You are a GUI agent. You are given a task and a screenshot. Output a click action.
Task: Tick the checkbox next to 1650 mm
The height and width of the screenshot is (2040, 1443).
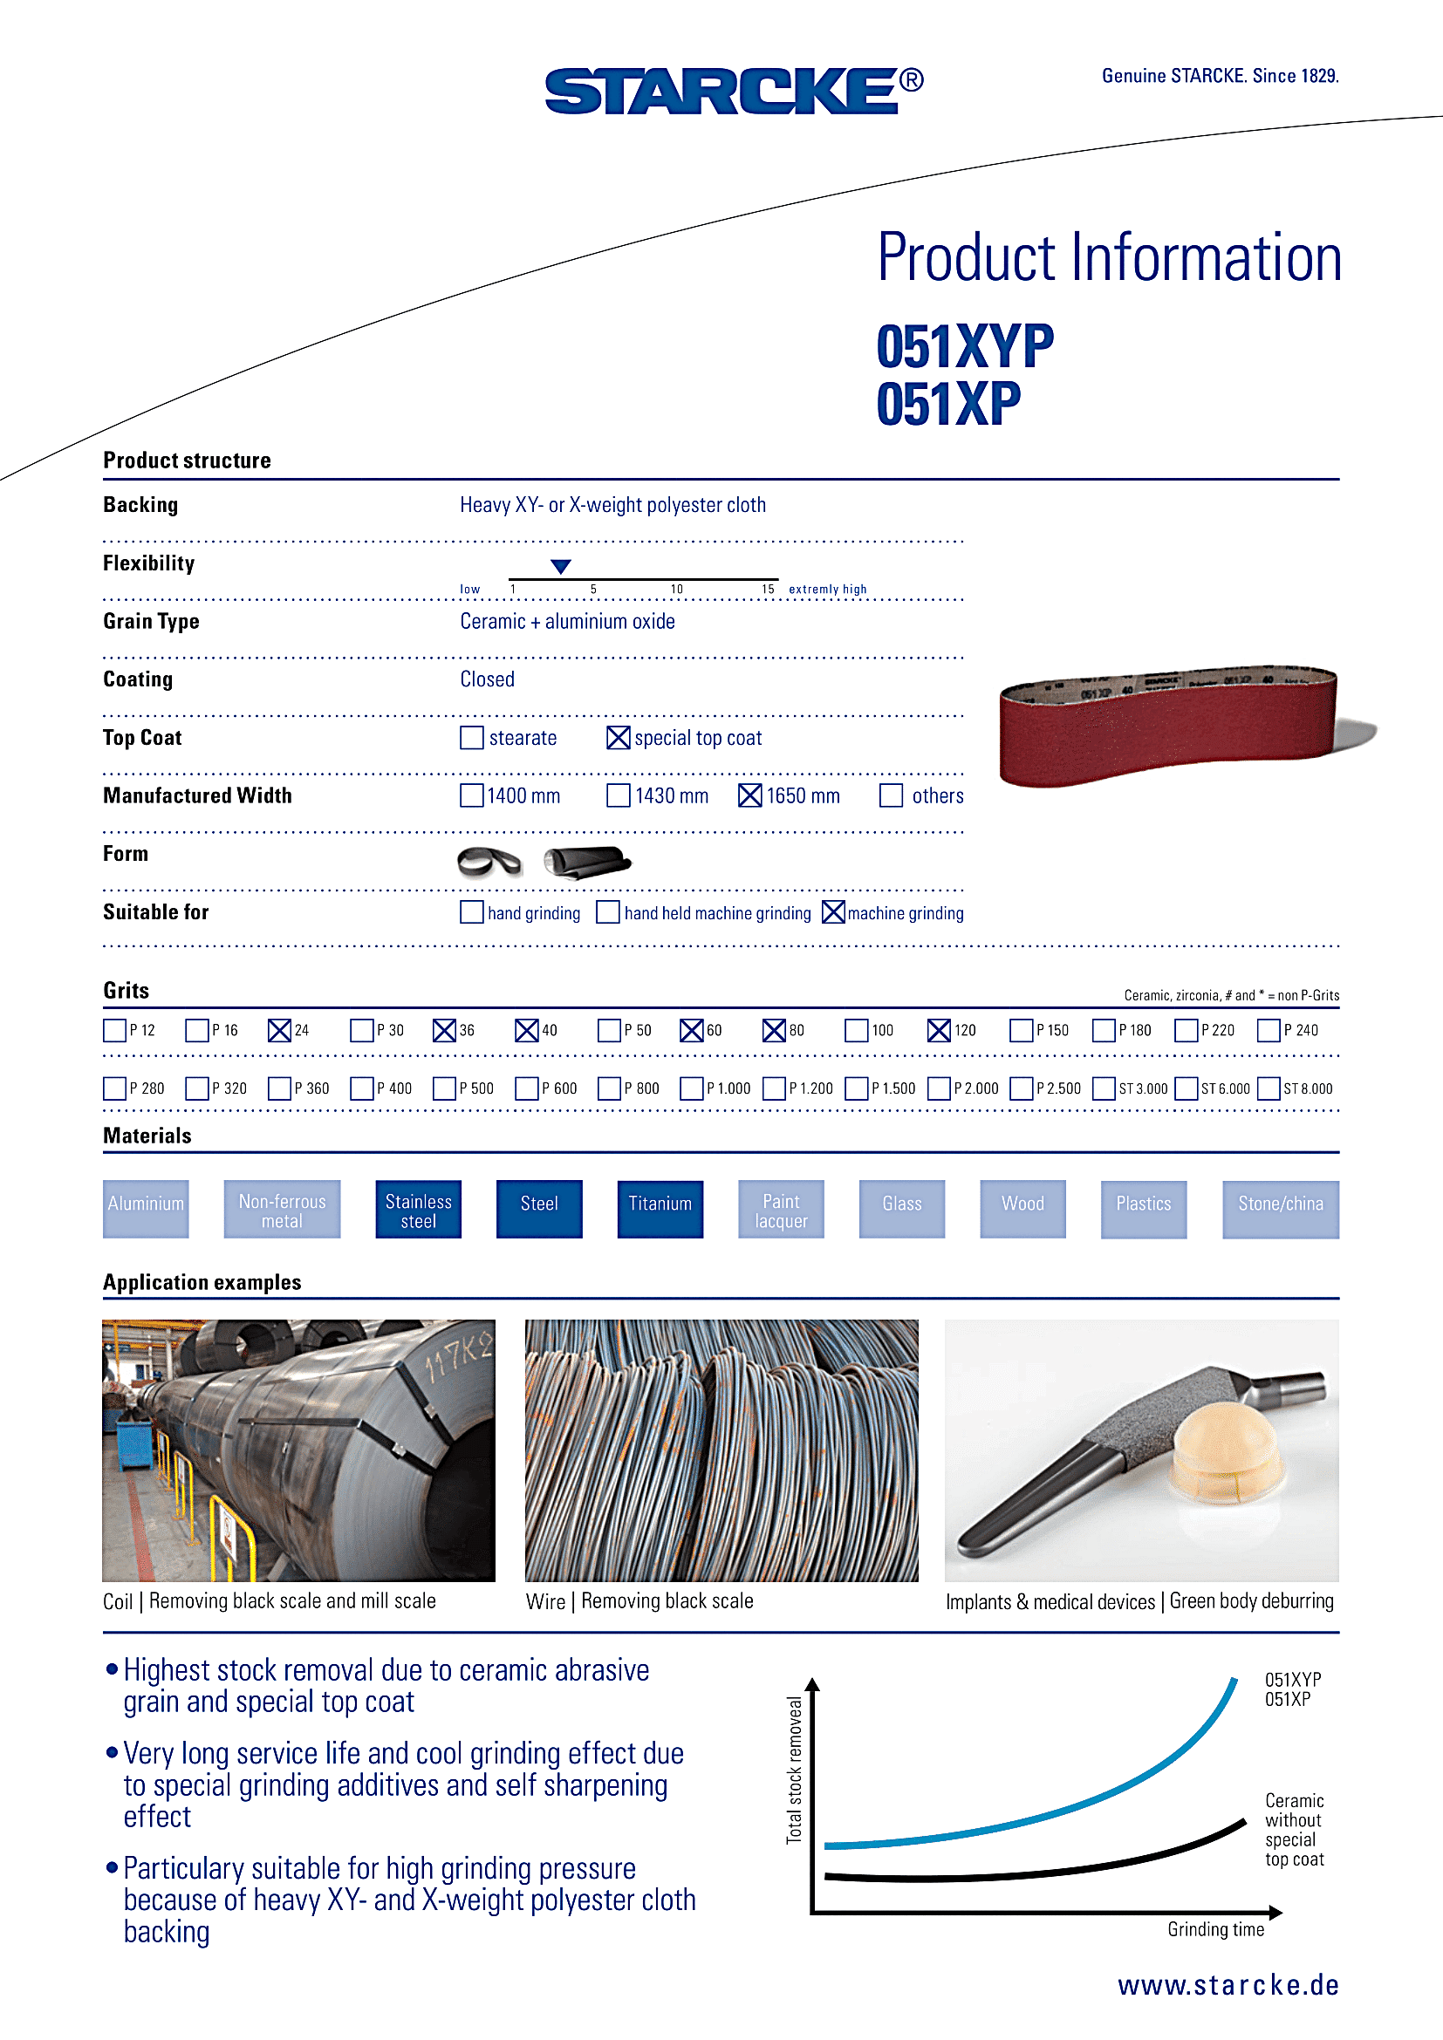(x=750, y=795)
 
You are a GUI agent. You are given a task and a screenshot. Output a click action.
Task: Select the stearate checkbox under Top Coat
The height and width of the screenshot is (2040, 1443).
(x=472, y=738)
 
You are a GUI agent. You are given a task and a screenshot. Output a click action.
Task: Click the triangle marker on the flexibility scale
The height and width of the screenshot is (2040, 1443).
(x=561, y=566)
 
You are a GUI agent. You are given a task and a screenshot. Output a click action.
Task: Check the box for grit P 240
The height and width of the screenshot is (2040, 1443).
(x=1268, y=1030)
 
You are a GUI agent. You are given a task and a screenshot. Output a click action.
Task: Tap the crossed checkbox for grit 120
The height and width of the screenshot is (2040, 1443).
(x=939, y=1030)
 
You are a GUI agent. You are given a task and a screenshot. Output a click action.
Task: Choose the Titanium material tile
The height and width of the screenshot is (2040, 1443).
(x=660, y=1208)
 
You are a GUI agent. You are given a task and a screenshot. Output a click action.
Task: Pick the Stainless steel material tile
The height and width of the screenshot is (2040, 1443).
(x=418, y=1208)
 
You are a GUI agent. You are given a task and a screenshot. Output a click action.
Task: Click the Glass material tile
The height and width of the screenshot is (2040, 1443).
(x=901, y=1208)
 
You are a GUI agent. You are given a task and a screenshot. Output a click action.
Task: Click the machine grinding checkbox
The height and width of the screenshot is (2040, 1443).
(x=833, y=911)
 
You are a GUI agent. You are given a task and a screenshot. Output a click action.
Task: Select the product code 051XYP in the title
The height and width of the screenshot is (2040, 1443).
(x=965, y=345)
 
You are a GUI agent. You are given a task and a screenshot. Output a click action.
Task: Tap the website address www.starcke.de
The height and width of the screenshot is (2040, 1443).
(x=1228, y=1984)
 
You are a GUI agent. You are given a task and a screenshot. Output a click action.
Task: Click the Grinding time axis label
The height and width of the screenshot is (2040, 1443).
(x=1214, y=1929)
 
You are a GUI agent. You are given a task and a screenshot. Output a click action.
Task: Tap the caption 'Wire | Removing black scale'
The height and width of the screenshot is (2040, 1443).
(x=639, y=1601)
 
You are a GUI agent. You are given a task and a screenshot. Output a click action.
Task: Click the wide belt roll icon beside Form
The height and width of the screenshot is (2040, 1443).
(x=586, y=861)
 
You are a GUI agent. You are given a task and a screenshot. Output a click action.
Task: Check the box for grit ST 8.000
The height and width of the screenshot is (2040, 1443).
(x=1268, y=1088)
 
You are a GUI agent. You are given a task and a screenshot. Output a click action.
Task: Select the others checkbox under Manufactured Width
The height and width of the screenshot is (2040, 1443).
(x=892, y=795)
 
